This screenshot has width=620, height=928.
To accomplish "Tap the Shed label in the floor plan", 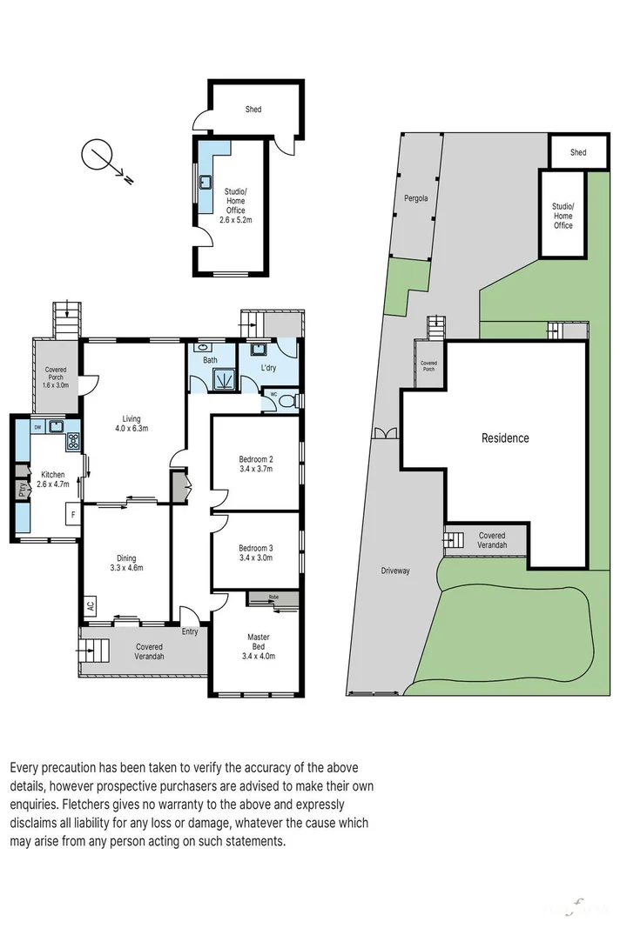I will tap(253, 110).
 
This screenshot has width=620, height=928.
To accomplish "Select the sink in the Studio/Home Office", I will tap(207, 183).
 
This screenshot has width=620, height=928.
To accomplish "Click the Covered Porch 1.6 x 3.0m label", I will tap(55, 377).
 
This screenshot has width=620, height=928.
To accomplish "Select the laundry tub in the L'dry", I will tap(258, 351).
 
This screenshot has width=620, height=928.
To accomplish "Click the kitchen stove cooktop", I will tap(73, 440).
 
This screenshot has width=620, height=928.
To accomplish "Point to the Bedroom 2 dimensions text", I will tap(256, 469).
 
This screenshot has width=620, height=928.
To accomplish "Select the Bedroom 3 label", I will tap(256, 548).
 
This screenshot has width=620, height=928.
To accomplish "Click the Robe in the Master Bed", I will tap(273, 598).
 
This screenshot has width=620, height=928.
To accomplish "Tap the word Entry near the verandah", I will tap(190, 631).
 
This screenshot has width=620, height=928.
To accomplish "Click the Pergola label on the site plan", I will tap(415, 198).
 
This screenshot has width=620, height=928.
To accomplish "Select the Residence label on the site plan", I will tap(505, 438).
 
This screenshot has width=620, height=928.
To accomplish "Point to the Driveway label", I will tap(394, 571).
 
